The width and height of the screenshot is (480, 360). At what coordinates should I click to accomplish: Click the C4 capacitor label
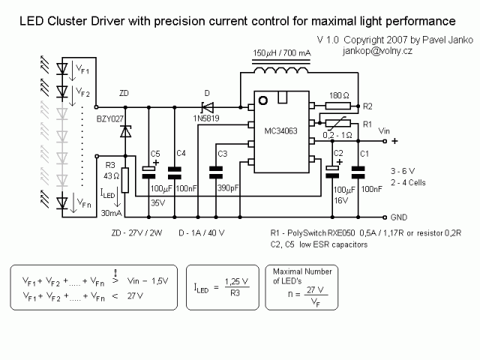click(181, 154)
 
